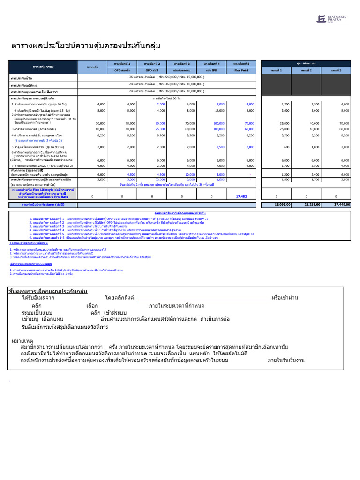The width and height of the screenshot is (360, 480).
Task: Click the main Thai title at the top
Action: coord(86,45)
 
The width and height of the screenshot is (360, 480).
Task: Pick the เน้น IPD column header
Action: coord(212,70)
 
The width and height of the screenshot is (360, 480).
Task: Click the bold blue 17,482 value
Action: coord(241,196)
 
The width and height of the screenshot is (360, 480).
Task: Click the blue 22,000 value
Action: coord(160,180)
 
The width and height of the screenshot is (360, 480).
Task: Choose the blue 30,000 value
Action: coord(160,123)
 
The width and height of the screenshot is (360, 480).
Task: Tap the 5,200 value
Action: coord(313,135)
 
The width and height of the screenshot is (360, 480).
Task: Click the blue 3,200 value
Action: coord(131,180)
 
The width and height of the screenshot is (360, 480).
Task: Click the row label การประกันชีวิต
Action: coord(22,78)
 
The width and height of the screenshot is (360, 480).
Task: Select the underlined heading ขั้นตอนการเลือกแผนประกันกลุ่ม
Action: coord(48,291)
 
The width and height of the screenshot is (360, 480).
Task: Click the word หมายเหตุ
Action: coord(22,340)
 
